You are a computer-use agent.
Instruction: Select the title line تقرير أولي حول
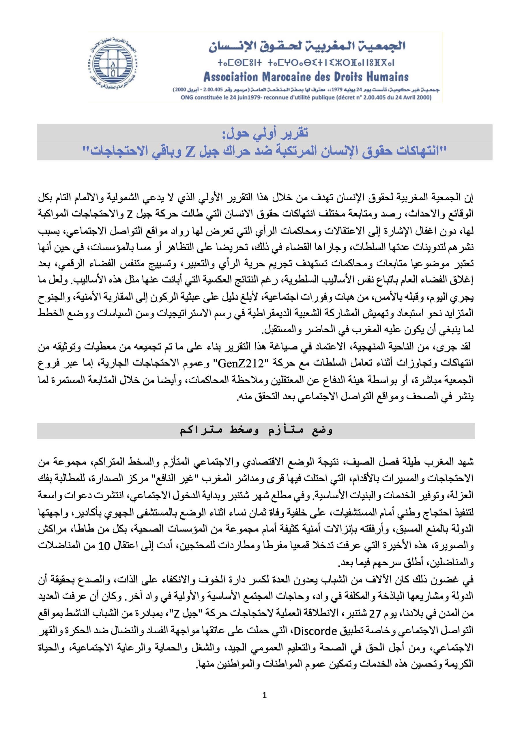coord(265,133)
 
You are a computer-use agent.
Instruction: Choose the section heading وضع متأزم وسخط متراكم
coord(256,431)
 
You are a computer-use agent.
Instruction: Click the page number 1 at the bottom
coord(265,696)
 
